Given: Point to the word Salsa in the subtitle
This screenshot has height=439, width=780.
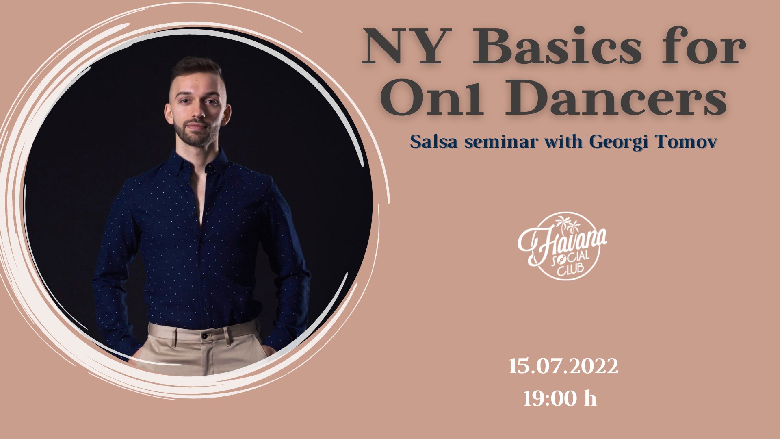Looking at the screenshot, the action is tap(434, 142).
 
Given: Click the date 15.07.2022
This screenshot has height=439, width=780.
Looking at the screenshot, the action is tap(563, 366).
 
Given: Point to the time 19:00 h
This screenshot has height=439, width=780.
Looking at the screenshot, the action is tap(560, 399).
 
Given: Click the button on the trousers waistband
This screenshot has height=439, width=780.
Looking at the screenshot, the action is tap(205, 337).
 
